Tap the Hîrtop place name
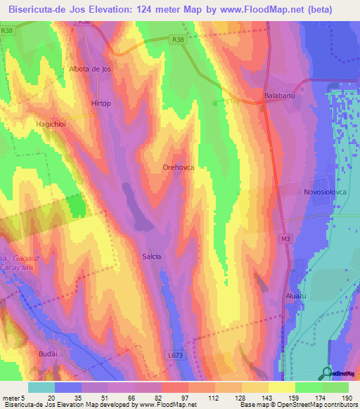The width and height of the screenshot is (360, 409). point(101,103)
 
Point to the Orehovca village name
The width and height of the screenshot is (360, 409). point(178,168)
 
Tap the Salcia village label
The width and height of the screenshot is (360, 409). point(152,257)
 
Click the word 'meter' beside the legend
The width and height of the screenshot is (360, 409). point(12,398)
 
